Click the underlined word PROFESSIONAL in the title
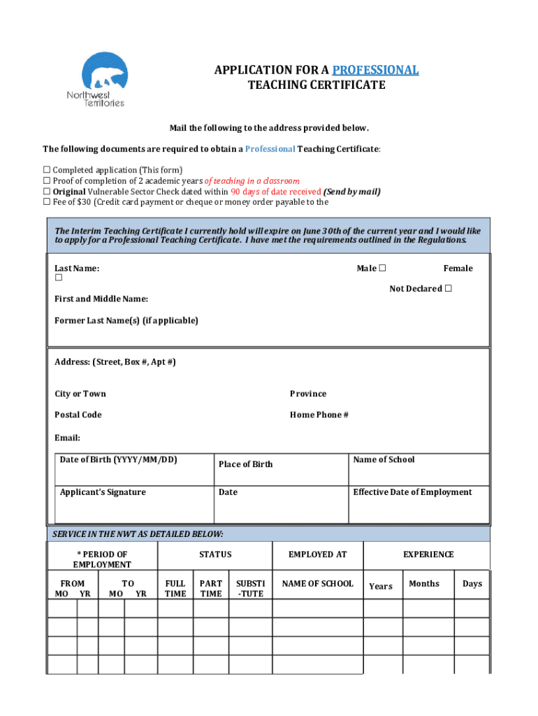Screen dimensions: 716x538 375,70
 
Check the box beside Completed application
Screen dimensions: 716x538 47,170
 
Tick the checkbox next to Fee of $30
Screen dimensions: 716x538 47,202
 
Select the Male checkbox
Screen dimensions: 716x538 382,268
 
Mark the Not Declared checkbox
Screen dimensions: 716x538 448,289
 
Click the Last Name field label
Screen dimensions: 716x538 77,268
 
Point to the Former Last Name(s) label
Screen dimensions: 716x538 126,320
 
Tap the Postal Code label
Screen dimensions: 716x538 78,415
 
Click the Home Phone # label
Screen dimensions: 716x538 319,415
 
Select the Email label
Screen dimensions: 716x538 67,438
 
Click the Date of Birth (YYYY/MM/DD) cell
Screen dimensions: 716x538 133,469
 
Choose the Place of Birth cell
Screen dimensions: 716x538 279,469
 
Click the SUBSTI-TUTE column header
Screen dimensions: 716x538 250,588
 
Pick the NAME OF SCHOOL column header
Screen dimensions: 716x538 317,583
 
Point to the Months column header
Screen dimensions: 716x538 424,583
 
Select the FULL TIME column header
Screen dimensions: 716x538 175,588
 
